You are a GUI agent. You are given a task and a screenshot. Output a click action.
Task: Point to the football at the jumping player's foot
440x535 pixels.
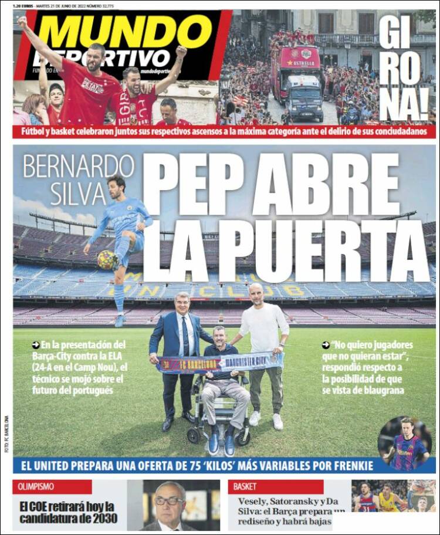coord(107,260)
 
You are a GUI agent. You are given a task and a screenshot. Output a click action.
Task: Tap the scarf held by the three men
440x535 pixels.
coord(220,363)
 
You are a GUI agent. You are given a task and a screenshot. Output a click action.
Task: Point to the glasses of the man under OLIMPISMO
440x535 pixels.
coord(170,500)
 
